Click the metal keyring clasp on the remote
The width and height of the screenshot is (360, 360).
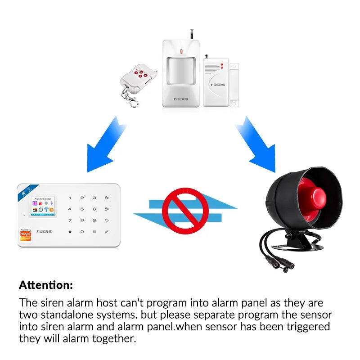click(132, 99)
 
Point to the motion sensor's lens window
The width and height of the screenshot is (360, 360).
click(181, 70)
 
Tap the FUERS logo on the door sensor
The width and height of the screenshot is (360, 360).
click(217, 85)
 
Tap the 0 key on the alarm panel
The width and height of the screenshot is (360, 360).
click(82, 231)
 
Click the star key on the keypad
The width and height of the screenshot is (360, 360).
click(70, 231)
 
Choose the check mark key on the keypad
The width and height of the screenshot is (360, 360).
click(106, 231)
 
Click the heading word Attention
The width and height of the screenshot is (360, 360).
click(45, 285)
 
